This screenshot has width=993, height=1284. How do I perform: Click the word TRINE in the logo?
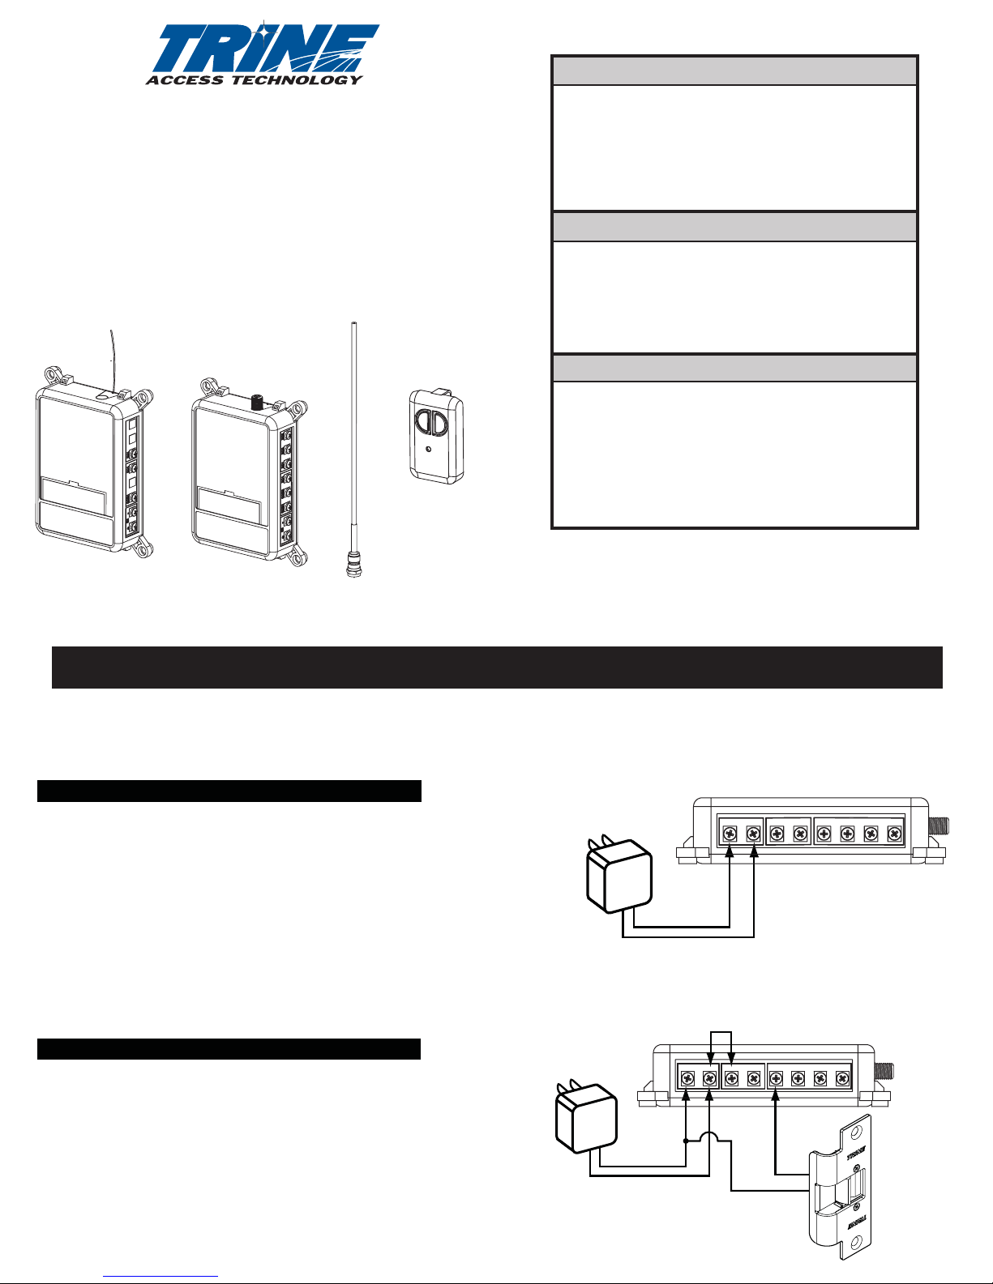tap(265, 49)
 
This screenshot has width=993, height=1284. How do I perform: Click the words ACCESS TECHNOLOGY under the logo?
tap(255, 79)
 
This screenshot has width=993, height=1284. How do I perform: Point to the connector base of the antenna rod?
tap(353, 564)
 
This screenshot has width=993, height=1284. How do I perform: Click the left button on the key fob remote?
tap(424, 423)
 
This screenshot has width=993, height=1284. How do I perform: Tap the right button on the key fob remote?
tap(442, 424)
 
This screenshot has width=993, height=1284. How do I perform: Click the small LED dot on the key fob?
tap(429, 449)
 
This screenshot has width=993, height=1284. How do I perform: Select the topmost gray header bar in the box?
tap(734, 71)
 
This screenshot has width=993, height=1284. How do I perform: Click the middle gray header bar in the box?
tap(734, 226)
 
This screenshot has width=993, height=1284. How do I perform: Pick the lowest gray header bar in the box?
tap(734, 368)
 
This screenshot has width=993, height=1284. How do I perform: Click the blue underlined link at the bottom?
tap(161, 1277)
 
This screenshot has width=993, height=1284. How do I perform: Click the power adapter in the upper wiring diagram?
tap(618, 874)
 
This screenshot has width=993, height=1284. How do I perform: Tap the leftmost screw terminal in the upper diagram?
tap(730, 834)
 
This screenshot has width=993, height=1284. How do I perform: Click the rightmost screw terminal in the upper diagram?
tap(894, 834)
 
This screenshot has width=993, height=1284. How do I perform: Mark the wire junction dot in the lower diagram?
tap(686, 1141)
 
